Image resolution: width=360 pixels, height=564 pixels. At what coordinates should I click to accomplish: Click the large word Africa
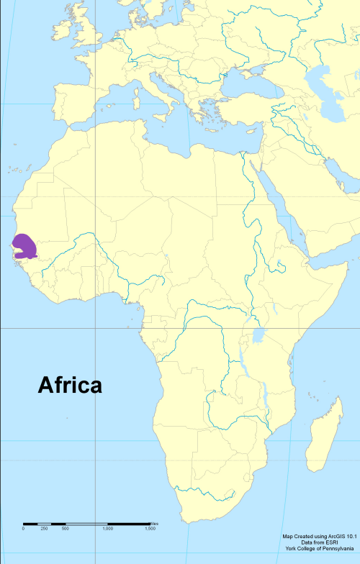pos(70,386)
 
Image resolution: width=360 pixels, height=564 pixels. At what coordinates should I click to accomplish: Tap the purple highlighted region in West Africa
pos(24,246)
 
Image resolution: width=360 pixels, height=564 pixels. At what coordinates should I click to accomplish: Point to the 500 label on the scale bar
pos(65,529)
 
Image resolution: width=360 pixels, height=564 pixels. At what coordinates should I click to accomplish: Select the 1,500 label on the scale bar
pos(150,529)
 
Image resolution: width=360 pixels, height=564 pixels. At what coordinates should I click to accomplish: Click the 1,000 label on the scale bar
pos(107,529)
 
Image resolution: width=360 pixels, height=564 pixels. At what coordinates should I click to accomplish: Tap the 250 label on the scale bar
pos(44,529)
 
